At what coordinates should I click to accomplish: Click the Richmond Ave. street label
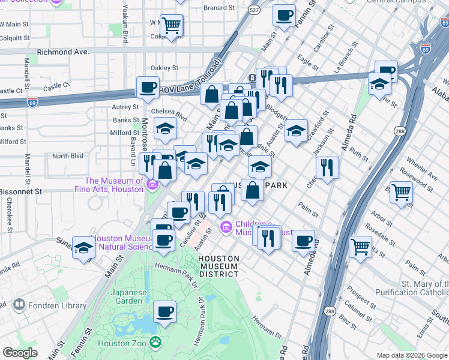(x=63, y=52)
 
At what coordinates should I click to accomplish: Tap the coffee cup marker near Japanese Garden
(x=164, y=312)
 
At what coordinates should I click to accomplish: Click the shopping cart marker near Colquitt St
(x=172, y=25)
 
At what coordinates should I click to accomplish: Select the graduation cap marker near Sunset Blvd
(x=83, y=248)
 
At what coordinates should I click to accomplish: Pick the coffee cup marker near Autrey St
(x=148, y=88)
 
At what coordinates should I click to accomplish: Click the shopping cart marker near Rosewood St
(x=401, y=193)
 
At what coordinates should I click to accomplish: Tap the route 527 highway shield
(x=255, y=11)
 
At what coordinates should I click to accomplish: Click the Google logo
(x=20, y=353)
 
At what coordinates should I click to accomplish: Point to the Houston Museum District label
(x=219, y=266)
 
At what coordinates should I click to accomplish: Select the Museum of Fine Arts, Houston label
(x=114, y=185)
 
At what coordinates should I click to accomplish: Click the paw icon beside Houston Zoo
(x=156, y=343)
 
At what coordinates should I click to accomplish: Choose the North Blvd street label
(x=67, y=156)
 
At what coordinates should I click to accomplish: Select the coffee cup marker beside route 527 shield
(x=283, y=16)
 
